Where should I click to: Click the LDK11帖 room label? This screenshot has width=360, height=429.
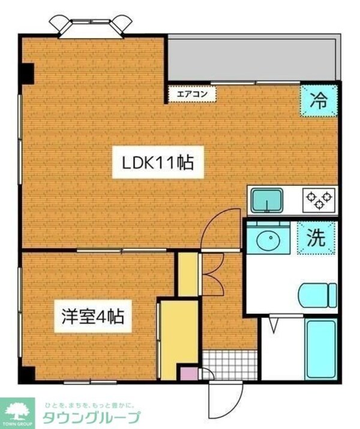(158, 163)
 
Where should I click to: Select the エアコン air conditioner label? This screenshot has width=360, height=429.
(192, 94)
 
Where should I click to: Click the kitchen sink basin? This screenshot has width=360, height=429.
(267, 200)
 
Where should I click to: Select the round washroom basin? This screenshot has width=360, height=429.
(268, 241)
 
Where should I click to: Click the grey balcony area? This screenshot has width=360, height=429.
(252, 58)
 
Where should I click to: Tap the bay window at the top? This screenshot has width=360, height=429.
(90, 25)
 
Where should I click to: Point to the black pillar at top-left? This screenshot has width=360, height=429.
(26, 73)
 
